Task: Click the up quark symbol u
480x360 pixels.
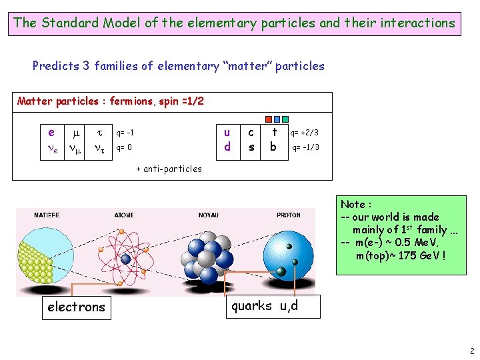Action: click(227, 133)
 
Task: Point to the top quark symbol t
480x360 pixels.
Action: click(273, 133)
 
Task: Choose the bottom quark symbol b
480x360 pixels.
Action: click(273, 147)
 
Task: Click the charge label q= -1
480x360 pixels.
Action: click(125, 132)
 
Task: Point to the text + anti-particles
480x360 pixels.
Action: click(169, 169)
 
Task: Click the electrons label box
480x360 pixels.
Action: click(76, 307)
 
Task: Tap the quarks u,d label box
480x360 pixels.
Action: click(265, 306)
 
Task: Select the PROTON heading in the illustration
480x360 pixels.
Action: click(289, 215)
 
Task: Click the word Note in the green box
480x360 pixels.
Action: click(352, 205)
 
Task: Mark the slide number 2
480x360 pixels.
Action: click(471, 351)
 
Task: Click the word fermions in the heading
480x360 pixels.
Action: click(131, 101)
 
